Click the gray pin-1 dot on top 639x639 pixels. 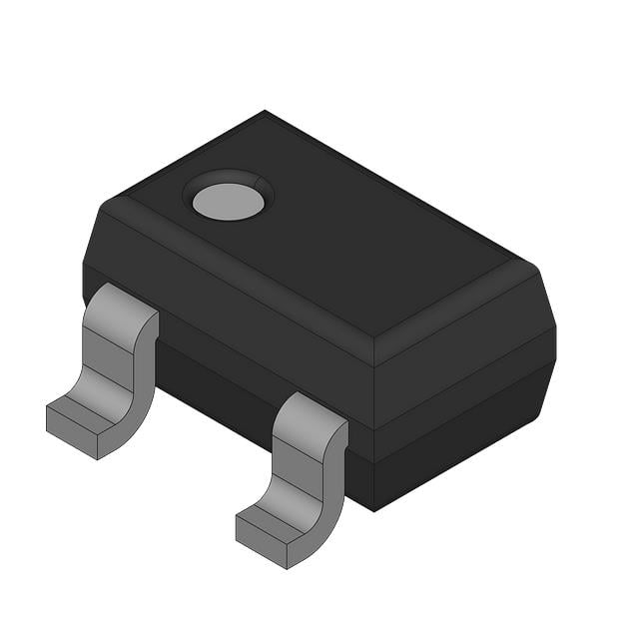[228, 202]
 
